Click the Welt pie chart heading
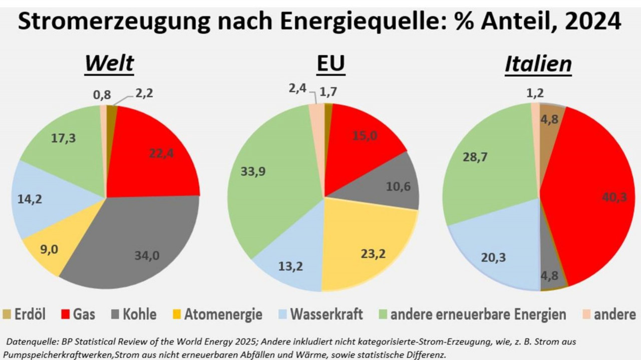point(109,64)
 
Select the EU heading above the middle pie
point(331,64)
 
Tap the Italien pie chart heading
point(538,64)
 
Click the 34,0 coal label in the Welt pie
point(147,256)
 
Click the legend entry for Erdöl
point(25,315)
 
